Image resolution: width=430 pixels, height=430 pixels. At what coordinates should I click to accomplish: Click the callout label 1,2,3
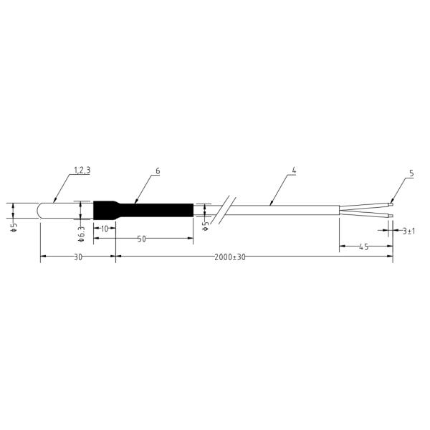(x=82, y=171)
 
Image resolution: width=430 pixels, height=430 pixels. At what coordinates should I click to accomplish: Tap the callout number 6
(x=158, y=171)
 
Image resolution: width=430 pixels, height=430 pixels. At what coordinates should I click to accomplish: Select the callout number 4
(x=294, y=171)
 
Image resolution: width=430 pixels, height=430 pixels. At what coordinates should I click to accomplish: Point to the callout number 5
(x=411, y=173)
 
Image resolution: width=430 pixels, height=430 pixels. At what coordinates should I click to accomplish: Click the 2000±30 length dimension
(x=230, y=257)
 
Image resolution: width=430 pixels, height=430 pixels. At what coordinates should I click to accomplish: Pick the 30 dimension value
(x=78, y=257)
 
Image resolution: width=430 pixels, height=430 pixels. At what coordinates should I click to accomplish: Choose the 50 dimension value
(x=141, y=239)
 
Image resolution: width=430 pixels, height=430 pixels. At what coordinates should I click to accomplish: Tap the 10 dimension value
(x=105, y=229)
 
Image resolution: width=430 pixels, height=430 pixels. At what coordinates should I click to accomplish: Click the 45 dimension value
(x=363, y=247)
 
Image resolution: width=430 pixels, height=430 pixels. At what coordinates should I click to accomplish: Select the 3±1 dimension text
(x=408, y=231)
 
